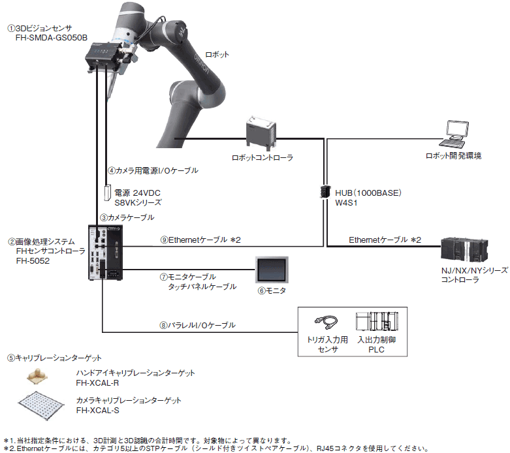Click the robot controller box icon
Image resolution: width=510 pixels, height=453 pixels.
[x=261, y=133]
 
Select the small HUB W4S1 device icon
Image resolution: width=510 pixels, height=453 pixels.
[x=325, y=191]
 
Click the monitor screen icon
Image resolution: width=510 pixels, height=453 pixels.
[x=272, y=270]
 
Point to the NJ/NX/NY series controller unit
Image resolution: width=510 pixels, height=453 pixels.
[x=464, y=251]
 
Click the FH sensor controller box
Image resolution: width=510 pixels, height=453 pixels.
[x=105, y=253]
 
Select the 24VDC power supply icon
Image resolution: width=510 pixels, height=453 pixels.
[x=107, y=193]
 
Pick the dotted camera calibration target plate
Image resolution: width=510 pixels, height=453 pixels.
[x=41, y=405]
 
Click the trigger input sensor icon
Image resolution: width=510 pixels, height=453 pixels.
[x=327, y=321]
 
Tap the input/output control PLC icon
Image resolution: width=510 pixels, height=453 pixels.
[x=377, y=321]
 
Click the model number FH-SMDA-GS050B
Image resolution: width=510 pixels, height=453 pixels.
[x=52, y=38]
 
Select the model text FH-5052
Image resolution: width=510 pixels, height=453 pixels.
[x=33, y=261]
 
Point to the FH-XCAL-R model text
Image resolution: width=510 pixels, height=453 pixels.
[x=97, y=383]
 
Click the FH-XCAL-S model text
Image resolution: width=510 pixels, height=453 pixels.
[x=97, y=411]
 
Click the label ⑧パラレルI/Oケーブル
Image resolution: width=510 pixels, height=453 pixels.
[x=197, y=325]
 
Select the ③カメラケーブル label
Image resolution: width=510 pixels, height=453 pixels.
[x=127, y=217]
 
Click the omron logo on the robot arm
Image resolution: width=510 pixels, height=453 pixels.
[x=202, y=64]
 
